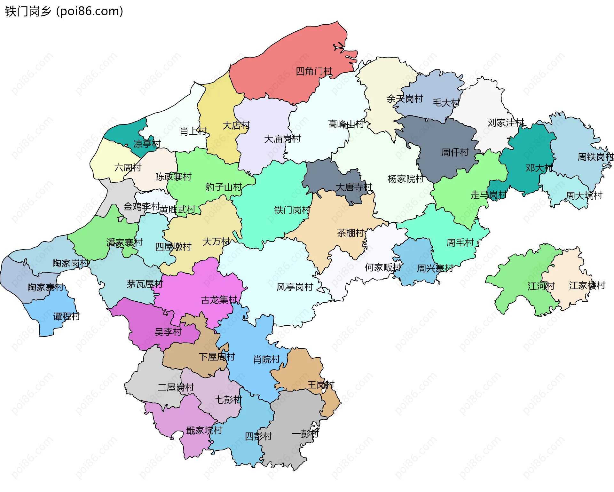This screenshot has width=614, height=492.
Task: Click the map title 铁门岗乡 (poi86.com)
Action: point(64,11)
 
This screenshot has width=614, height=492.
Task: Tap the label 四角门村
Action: point(314,71)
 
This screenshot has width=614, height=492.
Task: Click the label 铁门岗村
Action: point(292,210)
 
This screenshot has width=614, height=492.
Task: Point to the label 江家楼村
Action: point(587,285)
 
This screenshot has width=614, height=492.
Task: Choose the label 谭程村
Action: point(67,316)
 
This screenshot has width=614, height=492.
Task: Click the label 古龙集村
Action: point(219,300)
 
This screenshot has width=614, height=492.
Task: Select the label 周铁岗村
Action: point(595,157)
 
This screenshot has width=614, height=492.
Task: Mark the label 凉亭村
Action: point(147,144)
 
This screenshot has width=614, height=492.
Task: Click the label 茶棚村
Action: point(350,233)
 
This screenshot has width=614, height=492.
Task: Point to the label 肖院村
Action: point(266,360)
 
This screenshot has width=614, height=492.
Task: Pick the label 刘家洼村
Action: point(506,123)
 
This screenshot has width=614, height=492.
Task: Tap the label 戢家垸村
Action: point(204,430)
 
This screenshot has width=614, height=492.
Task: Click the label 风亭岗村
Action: point(295,287)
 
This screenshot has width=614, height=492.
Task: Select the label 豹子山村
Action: point(223,187)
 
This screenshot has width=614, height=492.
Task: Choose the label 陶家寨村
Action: point(45,287)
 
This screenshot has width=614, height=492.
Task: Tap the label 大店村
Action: point(236,125)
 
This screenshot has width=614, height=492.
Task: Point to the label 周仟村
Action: point(455,152)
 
